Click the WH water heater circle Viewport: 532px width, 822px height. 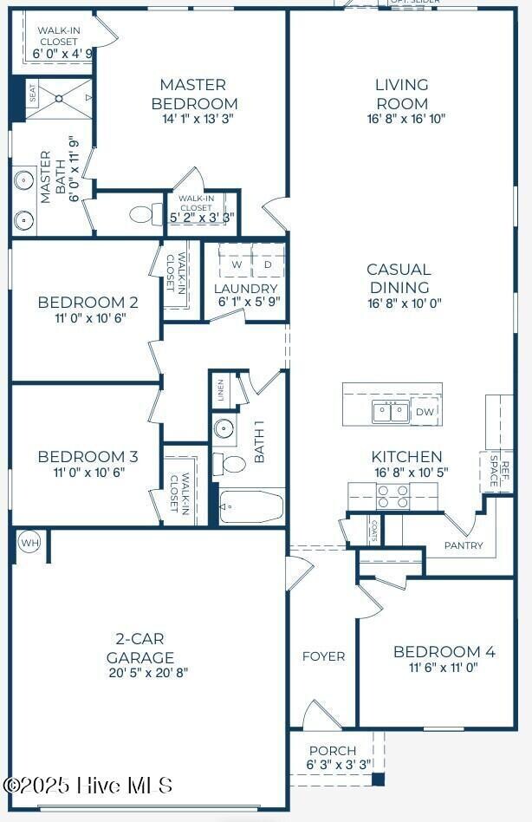pyautogui.click(x=29, y=544)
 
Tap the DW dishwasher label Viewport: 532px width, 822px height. pyautogui.click(x=425, y=412)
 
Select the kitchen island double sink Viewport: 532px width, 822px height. pyautogui.click(x=391, y=412)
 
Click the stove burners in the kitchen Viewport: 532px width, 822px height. pyautogui.click(x=392, y=496)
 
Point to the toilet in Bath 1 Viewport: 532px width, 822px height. pyautogui.click(x=230, y=463)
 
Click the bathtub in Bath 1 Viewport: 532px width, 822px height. pyautogui.click(x=252, y=506)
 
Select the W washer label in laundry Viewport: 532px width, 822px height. pyautogui.click(x=237, y=264)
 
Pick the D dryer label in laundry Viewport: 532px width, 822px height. pyautogui.click(x=268, y=264)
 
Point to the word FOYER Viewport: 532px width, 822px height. pyautogui.click(x=323, y=656)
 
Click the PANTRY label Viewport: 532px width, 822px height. pyautogui.click(x=464, y=545)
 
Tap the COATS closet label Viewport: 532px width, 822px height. pyautogui.click(x=373, y=531)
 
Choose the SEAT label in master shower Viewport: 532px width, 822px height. pyautogui.click(x=33, y=95)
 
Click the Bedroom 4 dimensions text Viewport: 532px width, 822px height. pyautogui.click(x=444, y=669)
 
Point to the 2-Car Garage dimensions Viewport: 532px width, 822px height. pyautogui.click(x=148, y=672)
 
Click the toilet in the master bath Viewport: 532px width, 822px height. pyautogui.click(x=142, y=213)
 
